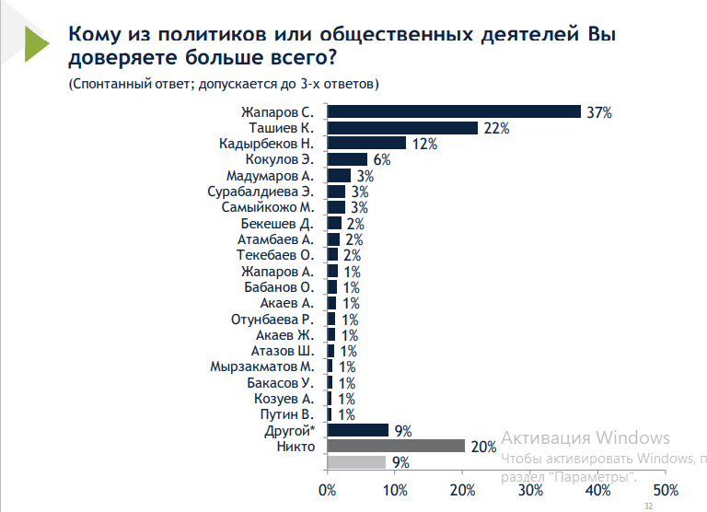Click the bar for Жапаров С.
click(x=454, y=111)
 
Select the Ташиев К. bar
click(x=402, y=128)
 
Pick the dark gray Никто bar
click(x=396, y=446)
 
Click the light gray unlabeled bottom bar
click(x=356, y=462)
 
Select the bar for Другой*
click(x=358, y=430)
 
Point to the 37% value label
click(x=599, y=112)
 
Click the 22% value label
click(x=497, y=128)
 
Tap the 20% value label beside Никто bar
click(x=484, y=447)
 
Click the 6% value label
click(x=382, y=160)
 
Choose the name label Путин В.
click(x=292, y=414)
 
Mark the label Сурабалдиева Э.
click(x=261, y=192)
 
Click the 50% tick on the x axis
click(x=666, y=488)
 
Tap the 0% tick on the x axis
click(x=328, y=488)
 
